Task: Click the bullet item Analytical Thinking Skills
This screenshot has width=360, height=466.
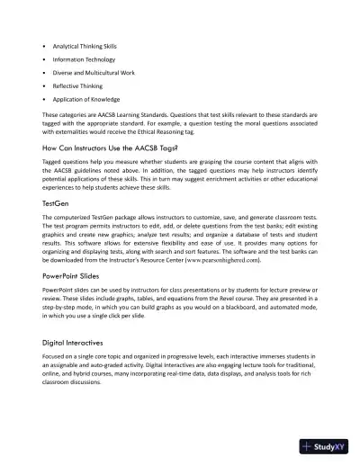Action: tap(89, 44)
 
